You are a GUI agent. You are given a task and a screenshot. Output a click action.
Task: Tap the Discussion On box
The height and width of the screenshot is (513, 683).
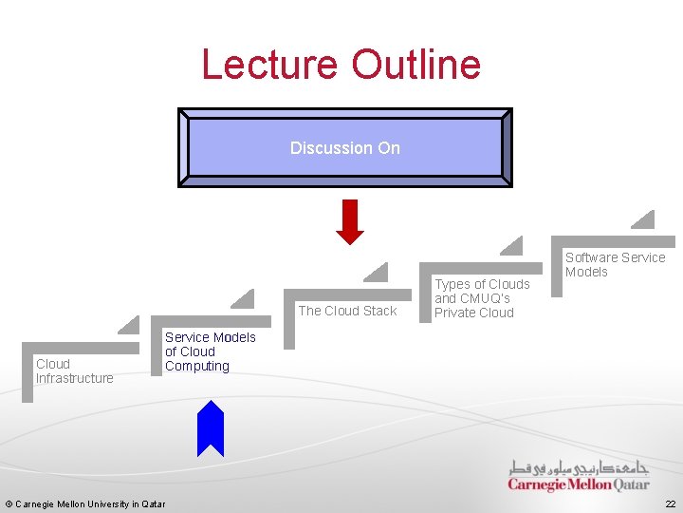(x=345, y=147)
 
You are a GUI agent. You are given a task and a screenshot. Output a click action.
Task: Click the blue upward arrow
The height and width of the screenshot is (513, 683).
(x=210, y=428)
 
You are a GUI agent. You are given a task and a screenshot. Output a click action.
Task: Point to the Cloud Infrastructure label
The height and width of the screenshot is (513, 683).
(x=74, y=370)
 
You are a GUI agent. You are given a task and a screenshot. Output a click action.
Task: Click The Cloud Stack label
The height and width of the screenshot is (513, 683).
(x=347, y=311)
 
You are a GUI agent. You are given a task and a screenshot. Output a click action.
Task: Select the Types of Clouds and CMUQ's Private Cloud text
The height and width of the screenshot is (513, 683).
(x=482, y=298)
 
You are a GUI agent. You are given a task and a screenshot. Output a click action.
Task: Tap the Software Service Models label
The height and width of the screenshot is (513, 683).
(x=615, y=264)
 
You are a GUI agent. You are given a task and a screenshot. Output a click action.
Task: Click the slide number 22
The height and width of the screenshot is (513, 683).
(x=670, y=503)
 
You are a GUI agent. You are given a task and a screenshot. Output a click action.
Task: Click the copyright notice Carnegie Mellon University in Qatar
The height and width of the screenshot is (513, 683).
(x=85, y=503)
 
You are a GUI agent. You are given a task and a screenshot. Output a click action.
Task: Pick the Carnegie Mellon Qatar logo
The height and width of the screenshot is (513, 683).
(x=578, y=476)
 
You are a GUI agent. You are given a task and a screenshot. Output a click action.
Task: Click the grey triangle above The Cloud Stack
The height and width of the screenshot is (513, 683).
(x=378, y=274)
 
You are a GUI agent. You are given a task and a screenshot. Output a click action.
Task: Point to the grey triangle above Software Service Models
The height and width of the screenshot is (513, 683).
(x=645, y=220)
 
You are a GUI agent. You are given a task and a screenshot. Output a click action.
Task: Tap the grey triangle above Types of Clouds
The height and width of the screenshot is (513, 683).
(x=513, y=247)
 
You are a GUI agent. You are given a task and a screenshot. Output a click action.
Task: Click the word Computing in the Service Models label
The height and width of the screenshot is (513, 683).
(x=197, y=366)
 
